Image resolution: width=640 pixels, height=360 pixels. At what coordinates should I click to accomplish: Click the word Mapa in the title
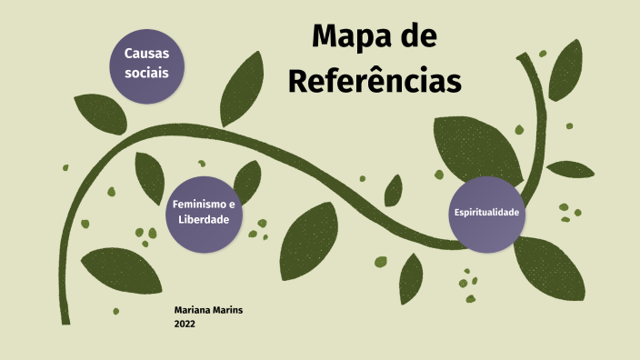coord(347,37)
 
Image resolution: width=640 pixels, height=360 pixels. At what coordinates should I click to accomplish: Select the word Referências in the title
coord(375,80)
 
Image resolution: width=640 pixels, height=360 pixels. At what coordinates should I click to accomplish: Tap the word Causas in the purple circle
coord(147,55)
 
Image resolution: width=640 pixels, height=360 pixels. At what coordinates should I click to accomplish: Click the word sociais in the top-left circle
coord(147,74)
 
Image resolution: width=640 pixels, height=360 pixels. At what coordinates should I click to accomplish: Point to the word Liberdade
coord(204,220)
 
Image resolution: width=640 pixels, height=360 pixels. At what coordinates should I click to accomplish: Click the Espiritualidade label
coord(487,212)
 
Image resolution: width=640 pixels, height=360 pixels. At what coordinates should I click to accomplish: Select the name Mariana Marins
coord(208,310)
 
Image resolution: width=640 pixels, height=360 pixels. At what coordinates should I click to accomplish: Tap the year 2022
coord(185,324)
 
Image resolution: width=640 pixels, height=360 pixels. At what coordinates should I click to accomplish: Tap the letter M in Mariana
coord(178,310)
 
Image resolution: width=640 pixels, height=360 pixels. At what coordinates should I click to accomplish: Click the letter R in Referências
coord(299,80)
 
